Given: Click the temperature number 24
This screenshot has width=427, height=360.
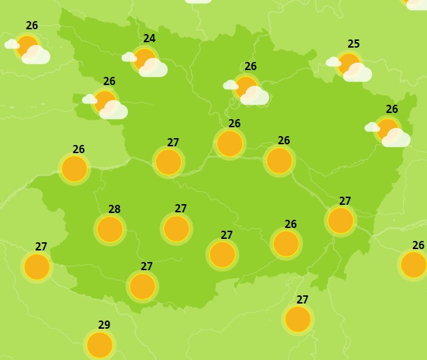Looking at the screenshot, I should click(149, 39).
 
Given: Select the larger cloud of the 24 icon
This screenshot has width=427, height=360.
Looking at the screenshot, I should click(154, 68).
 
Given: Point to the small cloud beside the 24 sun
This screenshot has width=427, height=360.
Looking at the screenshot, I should click(129, 56).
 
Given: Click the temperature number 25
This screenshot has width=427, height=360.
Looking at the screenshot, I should click(353, 44).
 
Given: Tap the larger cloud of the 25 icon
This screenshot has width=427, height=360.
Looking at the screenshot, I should click(358, 73).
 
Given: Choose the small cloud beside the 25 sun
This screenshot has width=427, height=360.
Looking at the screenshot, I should click(333, 62).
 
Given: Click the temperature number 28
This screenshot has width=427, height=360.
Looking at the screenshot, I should click(114, 210).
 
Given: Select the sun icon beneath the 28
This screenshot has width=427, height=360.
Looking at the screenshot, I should click(110, 229).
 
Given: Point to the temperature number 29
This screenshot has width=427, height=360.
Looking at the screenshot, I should click(104, 325).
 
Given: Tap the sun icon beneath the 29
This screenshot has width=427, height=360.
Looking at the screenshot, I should click(99, 344).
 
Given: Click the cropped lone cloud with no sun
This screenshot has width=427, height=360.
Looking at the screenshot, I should click(198, 1).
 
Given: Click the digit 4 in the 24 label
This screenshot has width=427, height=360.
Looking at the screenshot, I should click(152, 39).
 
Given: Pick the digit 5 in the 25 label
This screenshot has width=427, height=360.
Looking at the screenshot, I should click(356, 44).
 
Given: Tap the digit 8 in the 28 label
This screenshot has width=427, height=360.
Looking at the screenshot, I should click(117, 210).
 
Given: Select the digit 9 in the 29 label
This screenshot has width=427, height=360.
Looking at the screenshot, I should click(107, 325).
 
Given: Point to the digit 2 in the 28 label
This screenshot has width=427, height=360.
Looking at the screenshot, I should click(112, 210).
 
